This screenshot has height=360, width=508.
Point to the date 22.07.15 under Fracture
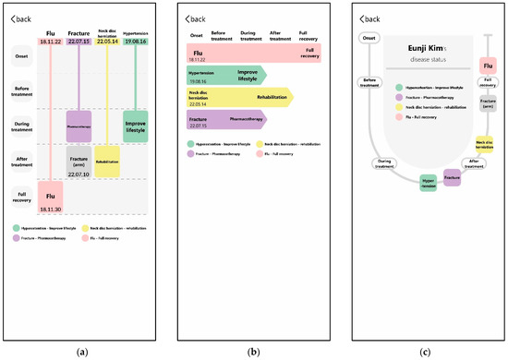point(79,42)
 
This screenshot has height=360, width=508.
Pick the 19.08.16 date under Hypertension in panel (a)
point(135,42)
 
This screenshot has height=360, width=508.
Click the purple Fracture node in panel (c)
point(452,177)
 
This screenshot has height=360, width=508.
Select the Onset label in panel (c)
point(369,39)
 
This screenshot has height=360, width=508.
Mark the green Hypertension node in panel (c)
point(428,183)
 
